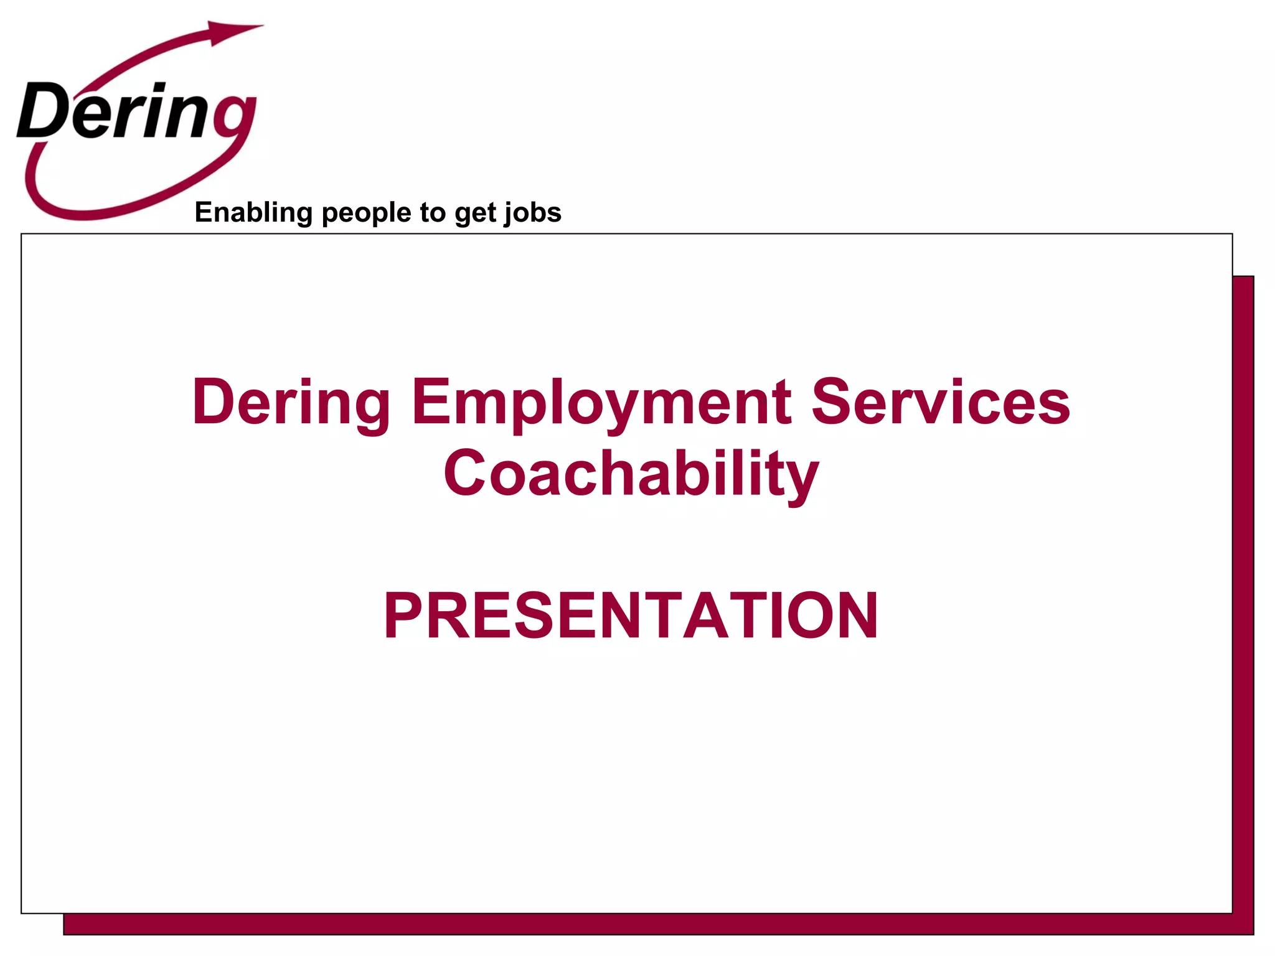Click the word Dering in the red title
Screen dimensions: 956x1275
tap(291, 403)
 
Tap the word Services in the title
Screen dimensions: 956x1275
tap(941, 403)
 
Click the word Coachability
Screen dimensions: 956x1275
tap(631, 474)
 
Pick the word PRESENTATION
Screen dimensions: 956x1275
tap(631, 616)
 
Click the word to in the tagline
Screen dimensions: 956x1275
tap(432, 213)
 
